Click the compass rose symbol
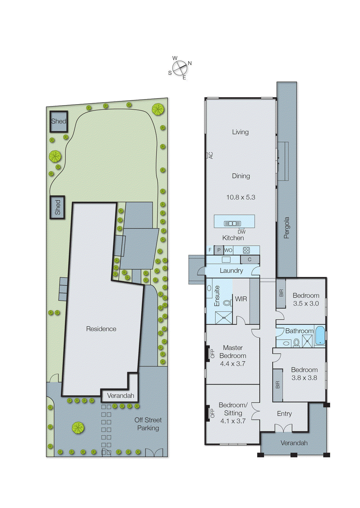click(x=180, y=68)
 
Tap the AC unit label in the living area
click(x=210, y=155)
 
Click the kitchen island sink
click(x=233, y=224)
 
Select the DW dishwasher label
click(x=241, y=232)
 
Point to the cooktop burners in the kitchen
click(x=246, y=250)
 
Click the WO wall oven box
click(x=228, y=250)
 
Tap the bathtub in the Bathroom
click(x=320, y=335)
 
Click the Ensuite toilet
click(x=227, y=303)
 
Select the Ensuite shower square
click(x=224, y=317)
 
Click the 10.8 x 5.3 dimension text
click(x=241, y=197)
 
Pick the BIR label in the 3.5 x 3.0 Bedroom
click(x=281, y=293)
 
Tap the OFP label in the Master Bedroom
click(x=212, y=354)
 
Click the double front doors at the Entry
click(x=283, y=428)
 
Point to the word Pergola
click(x=287, y=228)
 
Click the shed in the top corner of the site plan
click(x=59, y=121)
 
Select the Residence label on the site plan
click(x=101, y=329)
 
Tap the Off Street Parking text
click(x=148, y=424)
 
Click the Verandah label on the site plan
click(x=120, y=396)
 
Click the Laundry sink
click(x=226, y=260)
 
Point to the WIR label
click(x=241, y=299)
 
